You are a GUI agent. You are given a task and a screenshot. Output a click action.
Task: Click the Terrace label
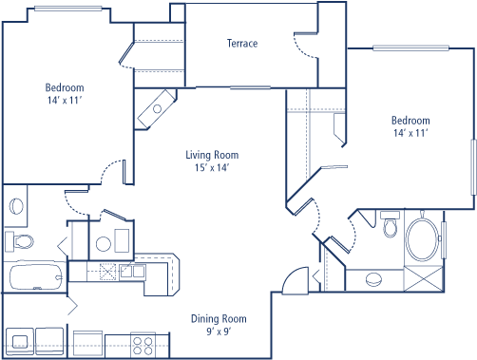point(242,44)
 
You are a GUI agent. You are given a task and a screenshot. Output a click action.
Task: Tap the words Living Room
point(212,155)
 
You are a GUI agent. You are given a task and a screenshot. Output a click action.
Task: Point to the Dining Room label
point(219,319)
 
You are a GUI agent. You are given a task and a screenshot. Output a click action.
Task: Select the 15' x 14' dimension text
point(212,167)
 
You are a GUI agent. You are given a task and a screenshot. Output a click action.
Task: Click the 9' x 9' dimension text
point(219,332)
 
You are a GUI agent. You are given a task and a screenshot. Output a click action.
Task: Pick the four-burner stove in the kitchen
point(143,346)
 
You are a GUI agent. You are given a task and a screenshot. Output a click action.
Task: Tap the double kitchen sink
point(133,272)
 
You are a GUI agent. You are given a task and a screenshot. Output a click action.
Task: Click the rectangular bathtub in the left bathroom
point(36,276)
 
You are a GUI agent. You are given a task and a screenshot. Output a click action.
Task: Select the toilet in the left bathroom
point(19,241)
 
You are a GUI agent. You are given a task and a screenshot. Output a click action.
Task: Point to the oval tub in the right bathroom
point(423,239)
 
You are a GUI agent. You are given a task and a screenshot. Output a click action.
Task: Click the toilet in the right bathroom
point(390,224)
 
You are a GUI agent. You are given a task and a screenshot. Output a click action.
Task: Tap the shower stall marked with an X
point(423,279)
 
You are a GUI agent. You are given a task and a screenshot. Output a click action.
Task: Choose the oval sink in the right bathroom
point(373,279)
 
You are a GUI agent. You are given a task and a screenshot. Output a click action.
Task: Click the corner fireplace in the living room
point(155,109)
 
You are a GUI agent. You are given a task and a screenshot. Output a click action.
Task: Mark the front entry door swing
point(296,281)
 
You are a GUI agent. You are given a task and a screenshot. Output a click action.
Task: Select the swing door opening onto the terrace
point(306,46)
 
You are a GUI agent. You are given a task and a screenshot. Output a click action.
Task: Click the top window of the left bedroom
point(68,9)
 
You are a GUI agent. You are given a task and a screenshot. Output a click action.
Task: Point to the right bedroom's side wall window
point(473,167)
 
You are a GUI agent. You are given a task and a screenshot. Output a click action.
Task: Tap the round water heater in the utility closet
point(104,244)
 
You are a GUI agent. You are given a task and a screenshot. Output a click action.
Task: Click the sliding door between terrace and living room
point(250,87)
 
